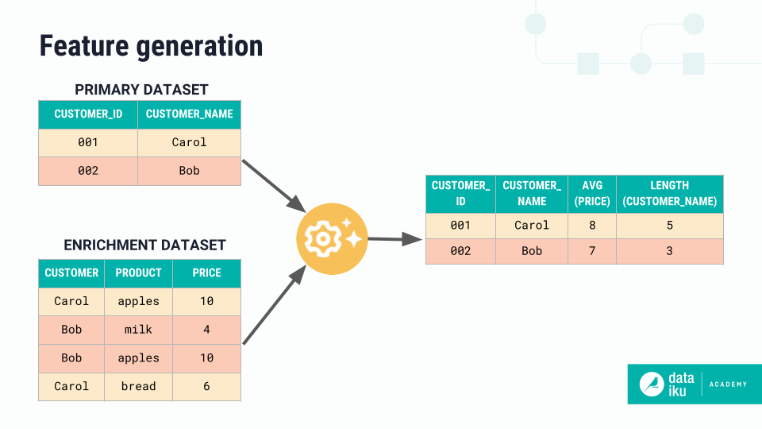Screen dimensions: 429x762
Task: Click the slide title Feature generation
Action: pos(151,46)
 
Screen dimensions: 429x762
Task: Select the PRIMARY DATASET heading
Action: pos(141,90)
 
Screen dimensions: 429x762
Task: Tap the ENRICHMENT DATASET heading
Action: pos(144,245)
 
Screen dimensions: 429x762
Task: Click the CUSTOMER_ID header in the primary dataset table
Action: pos(88,114)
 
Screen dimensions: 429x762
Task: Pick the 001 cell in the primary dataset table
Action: pos(88,142)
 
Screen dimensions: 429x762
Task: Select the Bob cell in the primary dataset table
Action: pos(189,171)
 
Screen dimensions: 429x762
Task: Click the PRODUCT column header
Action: pos(138,272)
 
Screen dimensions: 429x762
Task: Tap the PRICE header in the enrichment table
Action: pos(206,272)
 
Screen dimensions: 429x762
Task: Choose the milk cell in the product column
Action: pos(138,330)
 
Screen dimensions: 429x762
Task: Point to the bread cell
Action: pos(138,386)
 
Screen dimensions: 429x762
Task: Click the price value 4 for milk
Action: pos(206,330)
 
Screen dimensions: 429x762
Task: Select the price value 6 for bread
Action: pos(206,386)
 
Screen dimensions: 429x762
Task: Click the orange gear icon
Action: pos(331,238)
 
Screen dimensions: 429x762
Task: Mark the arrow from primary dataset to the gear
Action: pos(274,183)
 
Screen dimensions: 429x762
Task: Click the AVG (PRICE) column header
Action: pos(592,194)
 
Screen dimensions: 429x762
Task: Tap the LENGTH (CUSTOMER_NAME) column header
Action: pos(669,194)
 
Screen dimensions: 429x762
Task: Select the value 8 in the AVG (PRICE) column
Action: pos(592,226)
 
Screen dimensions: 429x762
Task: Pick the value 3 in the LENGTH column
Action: pos(669,251)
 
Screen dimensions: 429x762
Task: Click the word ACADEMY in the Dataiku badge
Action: pos(728,385)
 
